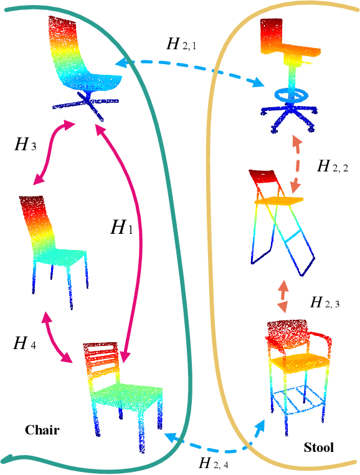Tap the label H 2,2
(x=333, y=166)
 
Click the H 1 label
(x=121, y=228)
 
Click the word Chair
(x=42, y=430)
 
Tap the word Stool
(x=318, y=447)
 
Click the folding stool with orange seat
(x=280, y=218)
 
